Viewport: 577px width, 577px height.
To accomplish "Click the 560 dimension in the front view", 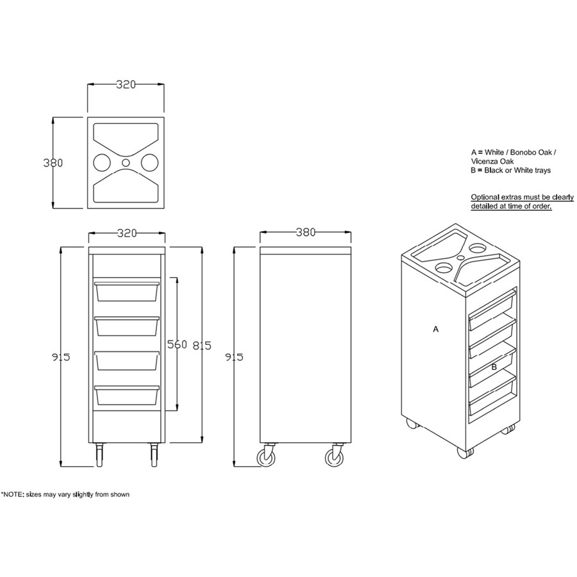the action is click(177, 344).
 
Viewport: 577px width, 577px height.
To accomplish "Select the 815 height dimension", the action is click(202, 345).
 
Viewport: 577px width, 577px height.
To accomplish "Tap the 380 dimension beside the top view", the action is click(53, 163).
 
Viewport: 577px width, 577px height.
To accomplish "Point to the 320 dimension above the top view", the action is click(126, 84).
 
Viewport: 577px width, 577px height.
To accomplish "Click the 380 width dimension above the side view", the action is click(306, 232).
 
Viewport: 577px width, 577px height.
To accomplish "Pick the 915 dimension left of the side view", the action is click(234, 357).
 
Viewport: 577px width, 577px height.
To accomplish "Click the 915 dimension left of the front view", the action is click(61, 357).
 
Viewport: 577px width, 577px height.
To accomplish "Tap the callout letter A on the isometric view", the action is click(436, 329).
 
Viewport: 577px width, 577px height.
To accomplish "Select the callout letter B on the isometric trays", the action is click(494, 367).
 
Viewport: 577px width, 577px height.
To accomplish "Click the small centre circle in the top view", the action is click(126, 163).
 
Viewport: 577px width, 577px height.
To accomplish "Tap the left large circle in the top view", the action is click(102, 163).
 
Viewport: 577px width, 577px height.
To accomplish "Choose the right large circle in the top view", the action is click(150, 163).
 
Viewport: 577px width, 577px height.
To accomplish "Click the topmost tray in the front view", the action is click(127, 292).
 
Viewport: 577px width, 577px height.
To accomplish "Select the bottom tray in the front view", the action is click(127, 395).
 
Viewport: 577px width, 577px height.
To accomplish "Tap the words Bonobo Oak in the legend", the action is click(531, 152).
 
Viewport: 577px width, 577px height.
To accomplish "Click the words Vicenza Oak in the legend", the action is click(492, 161).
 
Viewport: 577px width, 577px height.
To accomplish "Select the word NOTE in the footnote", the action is click(13, 494).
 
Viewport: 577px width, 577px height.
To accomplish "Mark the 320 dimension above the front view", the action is click(127, 233).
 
